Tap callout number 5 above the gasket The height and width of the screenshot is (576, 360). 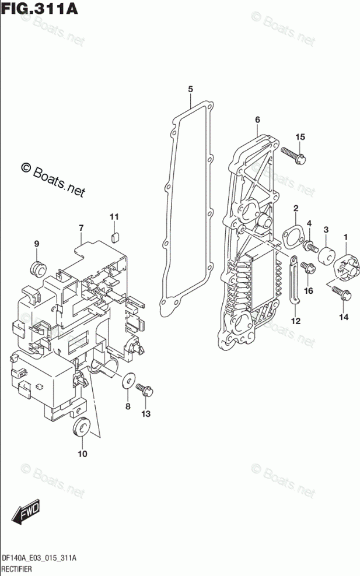coord(190,89)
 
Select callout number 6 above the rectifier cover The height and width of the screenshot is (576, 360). coord(257,120)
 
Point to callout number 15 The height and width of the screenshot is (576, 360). coord(300,137)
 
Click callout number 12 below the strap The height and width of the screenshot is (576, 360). coord(296,321)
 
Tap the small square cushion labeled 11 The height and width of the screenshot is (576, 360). coord(115,236)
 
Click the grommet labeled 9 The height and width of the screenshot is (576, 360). coord(39,269)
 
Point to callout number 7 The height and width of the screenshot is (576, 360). coord(82,227)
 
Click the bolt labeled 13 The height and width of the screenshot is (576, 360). coord(144,389)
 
